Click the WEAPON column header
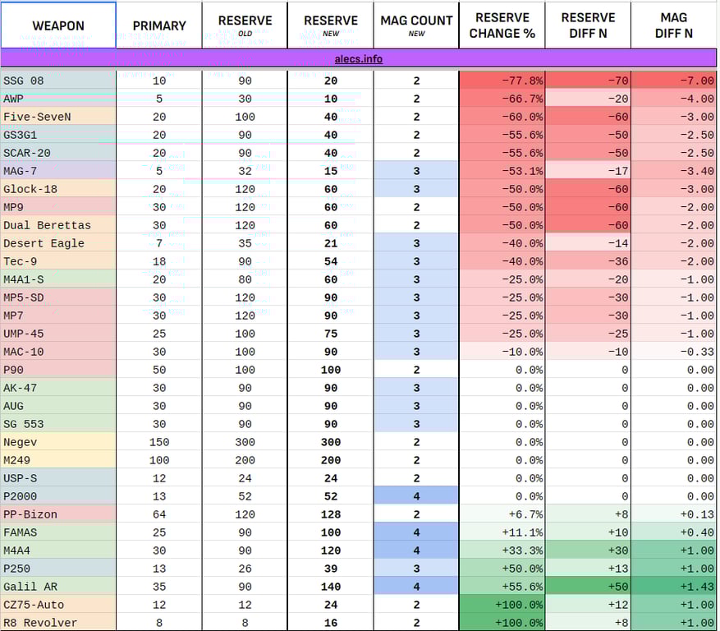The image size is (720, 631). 58,25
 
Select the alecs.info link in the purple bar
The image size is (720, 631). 359,59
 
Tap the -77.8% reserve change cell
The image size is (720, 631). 502,81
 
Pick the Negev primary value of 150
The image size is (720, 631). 159,442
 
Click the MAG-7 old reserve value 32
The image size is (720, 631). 245,171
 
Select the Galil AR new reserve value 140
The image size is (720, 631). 330,587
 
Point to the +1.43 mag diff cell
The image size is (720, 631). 674,587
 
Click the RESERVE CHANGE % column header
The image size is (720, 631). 502,25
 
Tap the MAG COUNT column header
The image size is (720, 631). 416,25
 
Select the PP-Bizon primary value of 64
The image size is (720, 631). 159,514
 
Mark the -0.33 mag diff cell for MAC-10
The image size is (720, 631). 674,352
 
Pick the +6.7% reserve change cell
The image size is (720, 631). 502,514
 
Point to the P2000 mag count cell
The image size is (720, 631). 416,496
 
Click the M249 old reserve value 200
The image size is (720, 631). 245,460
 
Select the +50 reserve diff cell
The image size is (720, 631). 588,587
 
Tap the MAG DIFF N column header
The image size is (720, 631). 674,25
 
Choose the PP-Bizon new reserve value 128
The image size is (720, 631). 330,514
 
